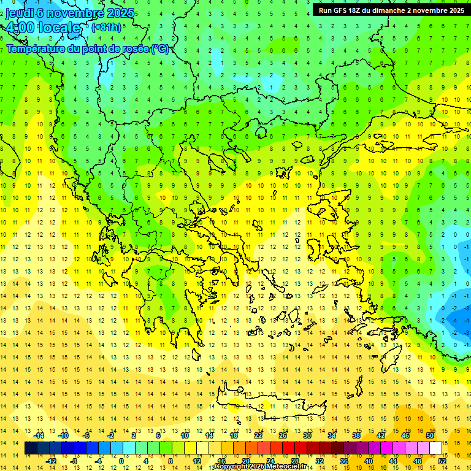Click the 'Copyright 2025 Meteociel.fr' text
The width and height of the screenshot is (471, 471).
pos(261,467)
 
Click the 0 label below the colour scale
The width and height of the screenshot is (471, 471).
pos(121,461)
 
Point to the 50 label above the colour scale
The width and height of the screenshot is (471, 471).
pos(429,435)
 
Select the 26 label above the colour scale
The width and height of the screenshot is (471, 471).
pos(283,435)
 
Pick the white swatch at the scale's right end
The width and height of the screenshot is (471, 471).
pos(436,448)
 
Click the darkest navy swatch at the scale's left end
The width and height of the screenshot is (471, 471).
pos(31,448)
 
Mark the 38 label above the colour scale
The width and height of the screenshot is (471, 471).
pos(356,435)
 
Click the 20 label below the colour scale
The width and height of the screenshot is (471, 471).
pos(245,461)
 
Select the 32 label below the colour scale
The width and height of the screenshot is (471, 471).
pos(319,461)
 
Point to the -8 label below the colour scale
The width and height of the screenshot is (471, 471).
pos(74,461)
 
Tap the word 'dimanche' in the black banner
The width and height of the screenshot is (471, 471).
pos(400,10)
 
